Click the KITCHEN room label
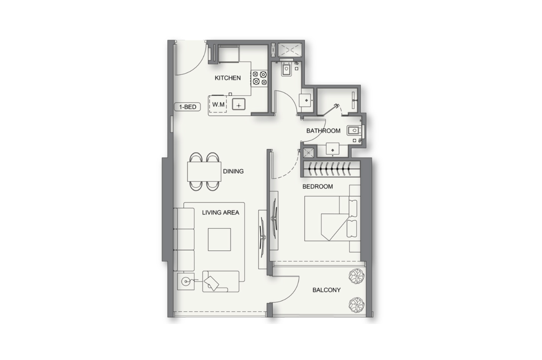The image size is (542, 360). (228, 78)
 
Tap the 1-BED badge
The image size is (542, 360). (187, 107)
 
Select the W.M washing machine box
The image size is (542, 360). (218, 104)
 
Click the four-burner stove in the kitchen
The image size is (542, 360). (259, 78)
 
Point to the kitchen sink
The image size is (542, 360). (239, 104)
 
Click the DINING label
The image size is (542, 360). (233, 172)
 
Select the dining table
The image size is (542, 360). (204, 172)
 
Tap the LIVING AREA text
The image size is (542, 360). (221, 212)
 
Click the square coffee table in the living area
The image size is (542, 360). (219, 240)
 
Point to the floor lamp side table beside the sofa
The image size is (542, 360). (186, 281)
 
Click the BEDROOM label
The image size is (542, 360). (318, 186)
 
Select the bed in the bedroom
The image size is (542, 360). (333, 218)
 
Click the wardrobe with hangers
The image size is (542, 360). (331, 169)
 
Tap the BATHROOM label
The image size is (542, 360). (323, 131)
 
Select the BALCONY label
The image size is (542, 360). (327, 290)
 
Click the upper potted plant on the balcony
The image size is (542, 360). (357, 276)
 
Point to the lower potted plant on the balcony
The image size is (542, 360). (357, 305)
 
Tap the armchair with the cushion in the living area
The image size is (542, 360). (221, 281)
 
